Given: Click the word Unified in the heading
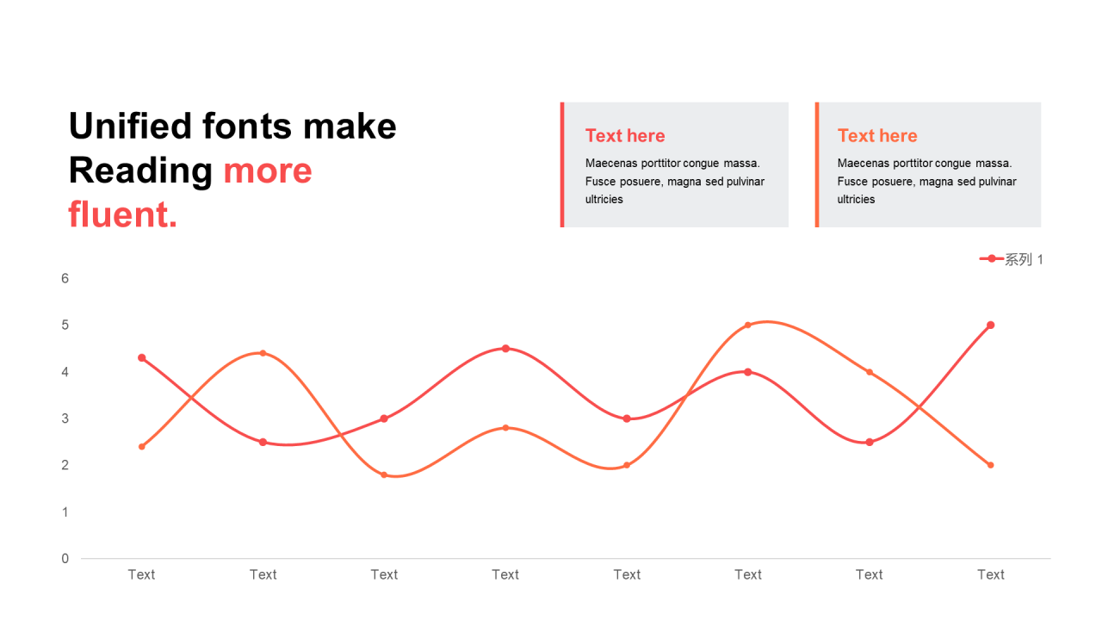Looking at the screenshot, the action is click(130, 126).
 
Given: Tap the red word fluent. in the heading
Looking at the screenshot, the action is click(122, 214).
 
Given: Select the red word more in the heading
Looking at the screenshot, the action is click(268, 170).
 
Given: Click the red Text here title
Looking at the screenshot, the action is click(625, 135).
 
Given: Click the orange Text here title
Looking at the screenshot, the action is click(877, 135).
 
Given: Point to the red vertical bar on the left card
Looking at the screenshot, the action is click(562, 164).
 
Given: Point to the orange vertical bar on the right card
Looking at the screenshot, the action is click(817, 164).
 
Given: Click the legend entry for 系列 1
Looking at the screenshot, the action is click(1011, 259).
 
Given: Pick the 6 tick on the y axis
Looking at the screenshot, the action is click(65, 278).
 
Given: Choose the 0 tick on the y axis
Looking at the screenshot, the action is click(65, 559).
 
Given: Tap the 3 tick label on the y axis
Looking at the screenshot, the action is click(65, 418).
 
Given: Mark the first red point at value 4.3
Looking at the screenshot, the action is click(142, 357).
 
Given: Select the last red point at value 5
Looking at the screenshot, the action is click(991, 325).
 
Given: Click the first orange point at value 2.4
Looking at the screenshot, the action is click(142, 447).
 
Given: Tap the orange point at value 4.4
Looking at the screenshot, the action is click(263, 353).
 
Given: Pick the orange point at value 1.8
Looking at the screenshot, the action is click(384, 474).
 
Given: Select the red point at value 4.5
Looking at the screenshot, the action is click(505, 349).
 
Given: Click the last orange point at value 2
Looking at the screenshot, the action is click(991, 465).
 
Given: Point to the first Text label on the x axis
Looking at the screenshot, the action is click(142, 574).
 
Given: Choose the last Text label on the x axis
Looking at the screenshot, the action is click(991, 574).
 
